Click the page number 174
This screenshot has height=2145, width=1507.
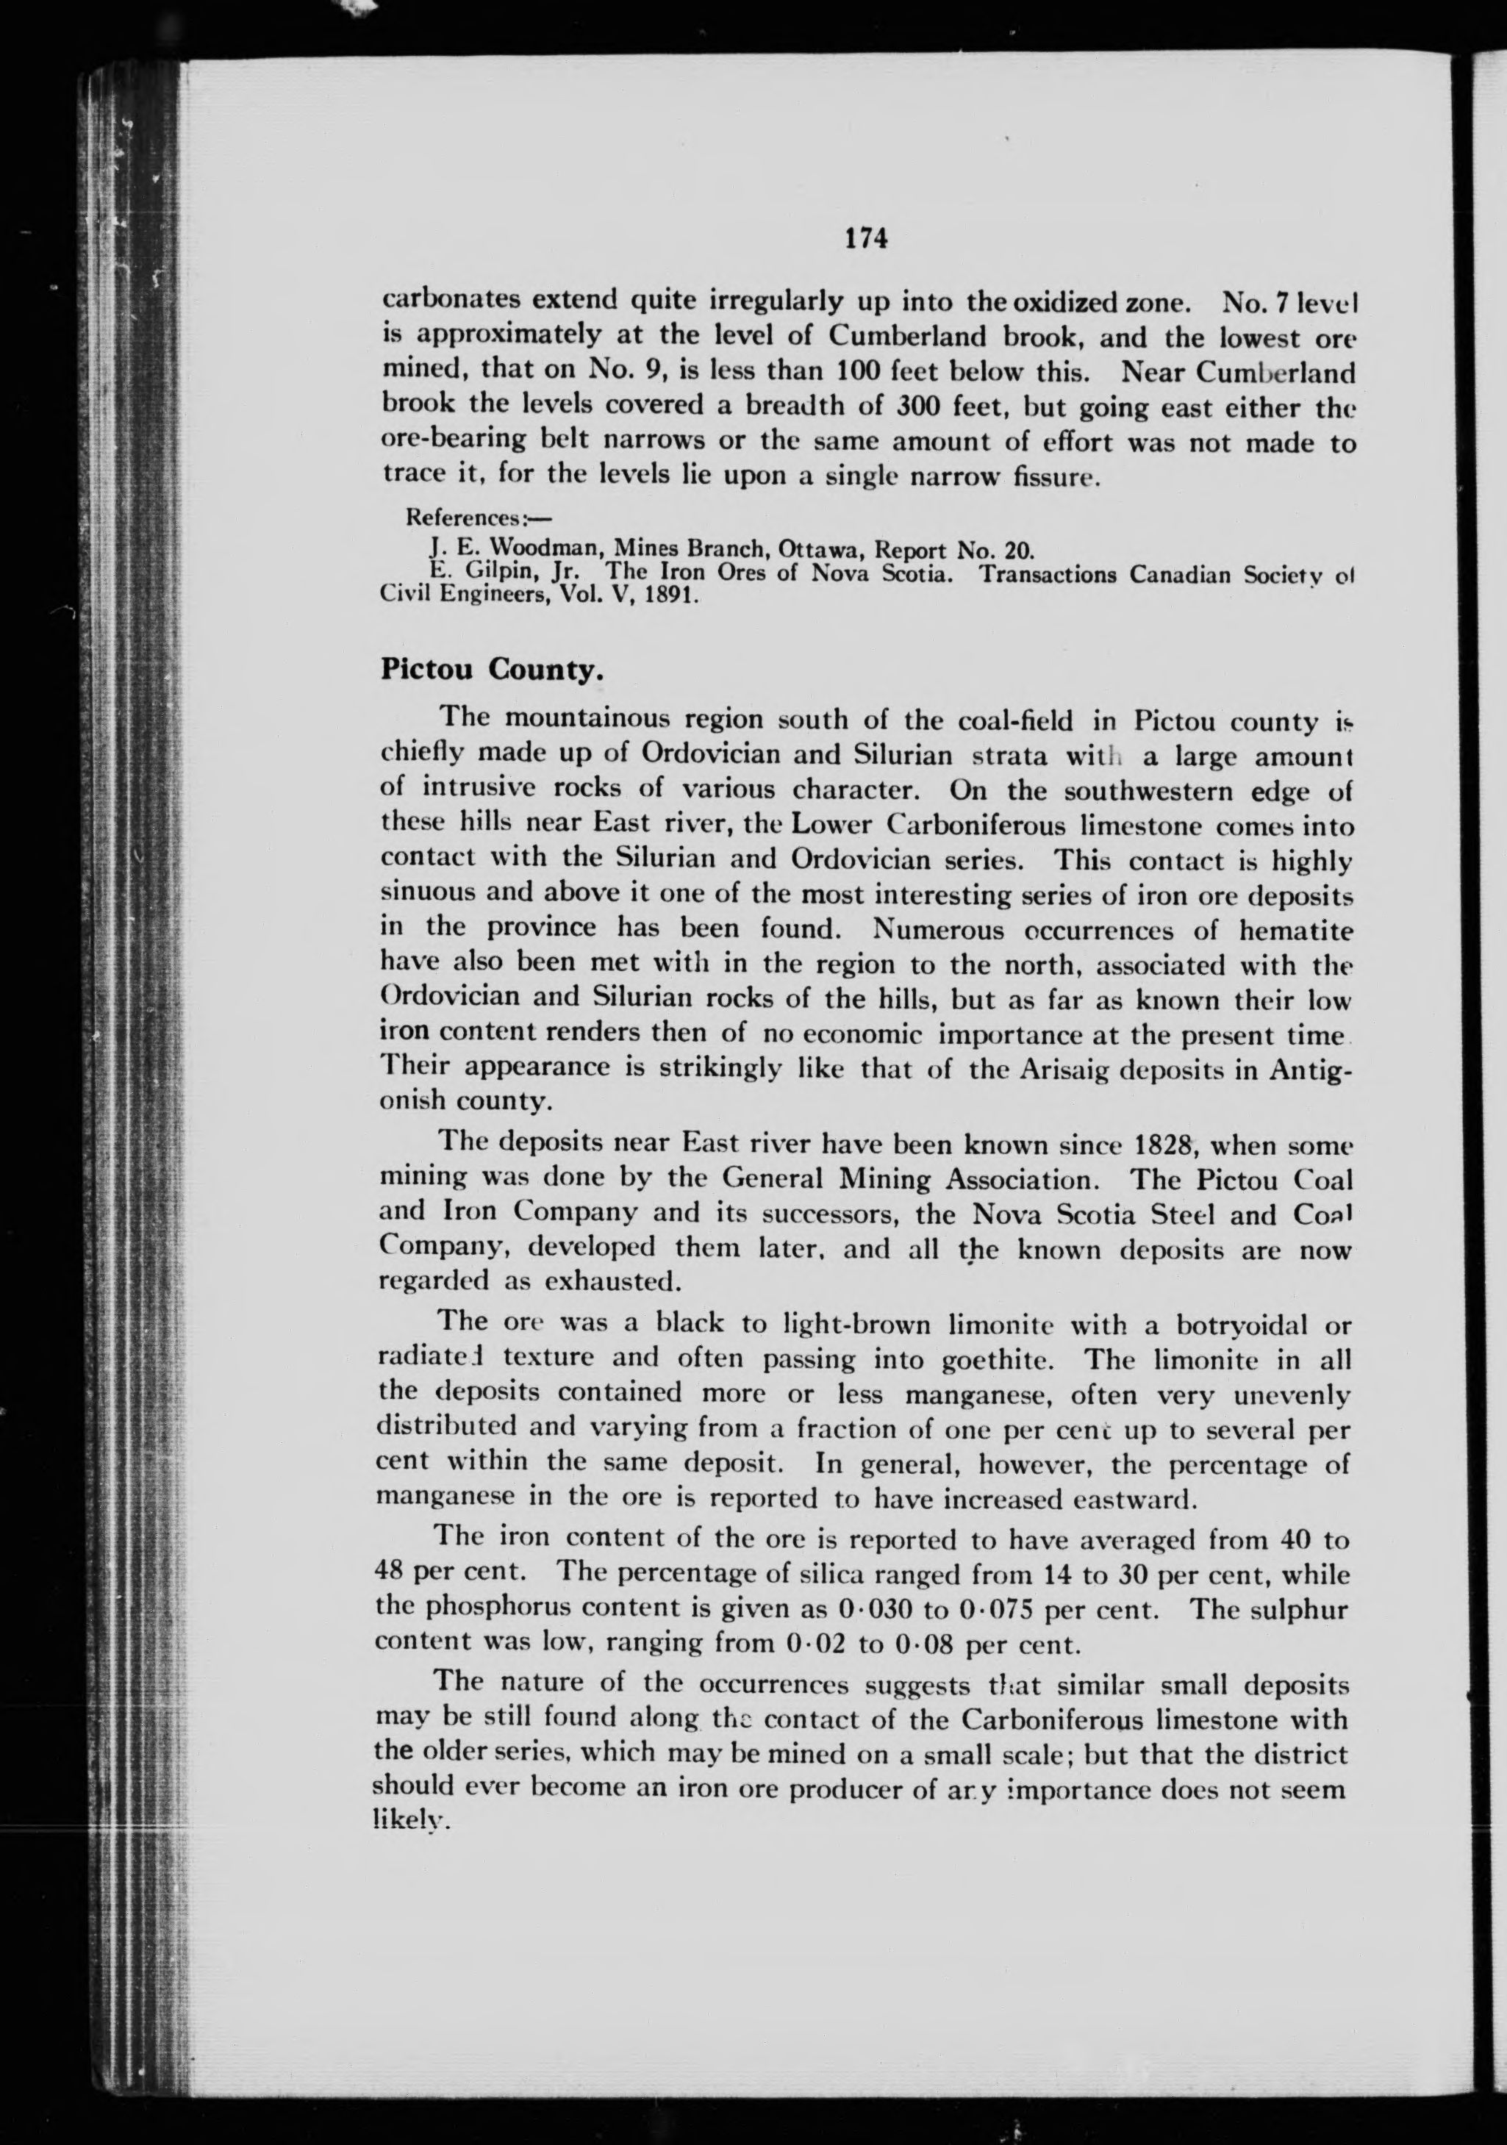pyautogui.click(x=865, y=239)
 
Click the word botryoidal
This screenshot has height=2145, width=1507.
pyautogui.click(x=1224, y=1325)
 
